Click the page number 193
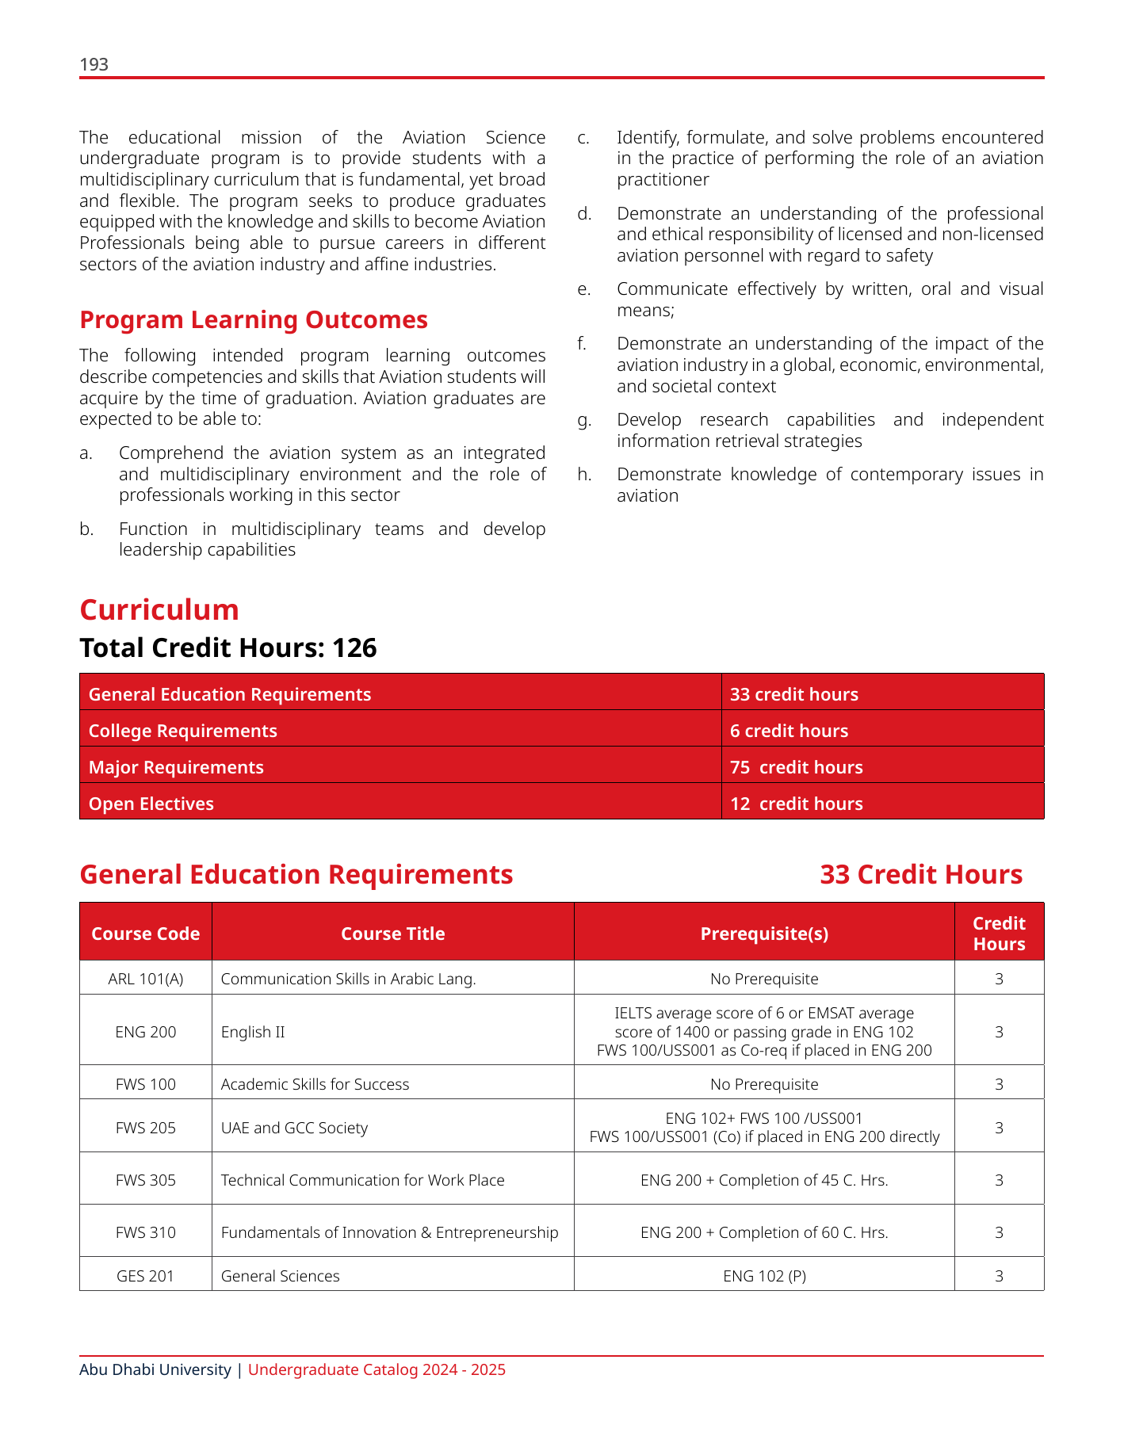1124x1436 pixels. point(94,65)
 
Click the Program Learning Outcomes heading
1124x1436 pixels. point(254,320)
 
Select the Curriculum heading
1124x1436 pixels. point(159,610)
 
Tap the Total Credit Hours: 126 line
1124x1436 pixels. point(228,648)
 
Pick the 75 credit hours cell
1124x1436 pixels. point(796,767)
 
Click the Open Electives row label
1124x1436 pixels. point(151,804)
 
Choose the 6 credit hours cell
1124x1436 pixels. point(789,731)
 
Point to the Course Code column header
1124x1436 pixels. point(146,934)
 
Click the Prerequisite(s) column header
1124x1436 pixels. point(764,934)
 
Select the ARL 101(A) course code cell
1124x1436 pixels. point(146,979)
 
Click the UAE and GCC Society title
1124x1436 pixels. point(294,1128)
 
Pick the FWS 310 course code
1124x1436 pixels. point(146,1232)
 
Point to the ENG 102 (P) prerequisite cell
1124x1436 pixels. point(764,1276)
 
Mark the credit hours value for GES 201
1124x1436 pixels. point(999,1276)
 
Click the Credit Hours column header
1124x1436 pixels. point(999,934)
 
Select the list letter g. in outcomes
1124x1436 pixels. point(584,420)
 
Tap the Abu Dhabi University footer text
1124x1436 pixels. point(155,1369)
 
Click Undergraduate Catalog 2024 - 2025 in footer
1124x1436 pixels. point(377,1369)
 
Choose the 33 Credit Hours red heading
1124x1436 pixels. point(921,875)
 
